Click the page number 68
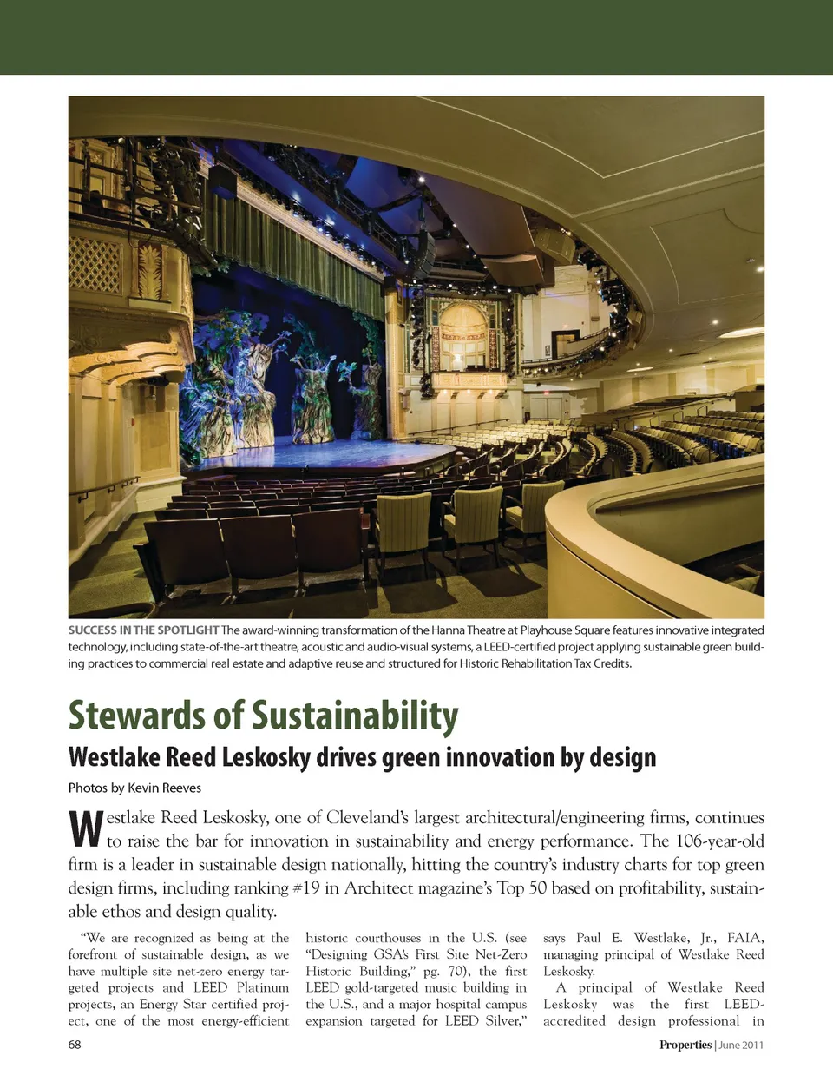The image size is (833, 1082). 75,1045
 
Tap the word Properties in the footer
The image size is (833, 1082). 685,1045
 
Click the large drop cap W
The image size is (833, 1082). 85,830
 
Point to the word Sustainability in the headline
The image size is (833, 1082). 355,716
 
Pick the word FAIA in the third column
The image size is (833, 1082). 745,938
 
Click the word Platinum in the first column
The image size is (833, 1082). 263,987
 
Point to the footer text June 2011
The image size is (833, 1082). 741,1045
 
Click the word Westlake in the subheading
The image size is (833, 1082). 115,757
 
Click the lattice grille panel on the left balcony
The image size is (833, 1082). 95,265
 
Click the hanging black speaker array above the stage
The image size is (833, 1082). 427,252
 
